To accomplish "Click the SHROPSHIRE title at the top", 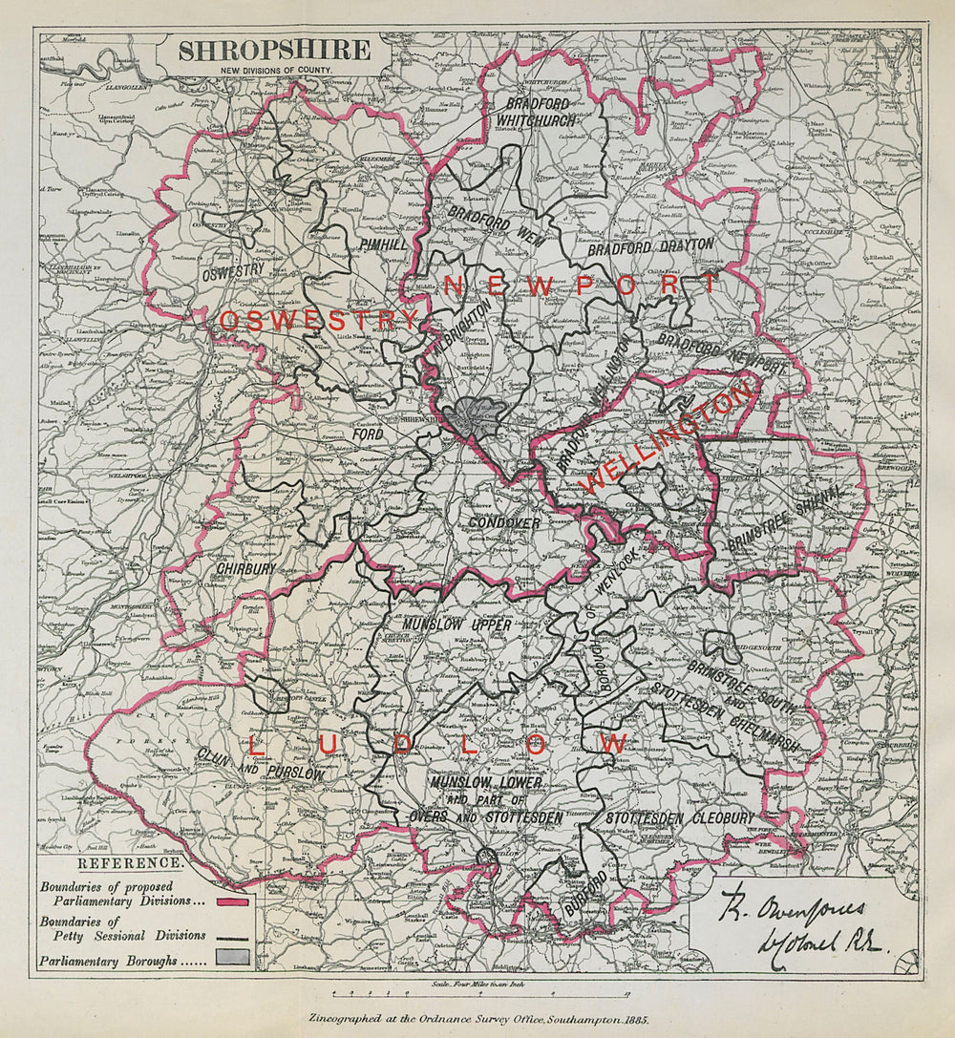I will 273,52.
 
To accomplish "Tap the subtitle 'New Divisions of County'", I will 273,72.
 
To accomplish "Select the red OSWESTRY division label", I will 319,321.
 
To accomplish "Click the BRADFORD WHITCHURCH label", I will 536,113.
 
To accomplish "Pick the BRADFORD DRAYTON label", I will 651,246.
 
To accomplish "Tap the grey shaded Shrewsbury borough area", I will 477,416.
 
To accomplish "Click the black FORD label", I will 368,434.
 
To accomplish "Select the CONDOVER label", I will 504,524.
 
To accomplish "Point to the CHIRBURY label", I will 245,568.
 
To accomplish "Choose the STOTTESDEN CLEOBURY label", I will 680,818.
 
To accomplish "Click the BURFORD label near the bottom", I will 584,894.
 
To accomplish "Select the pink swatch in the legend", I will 232,901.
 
